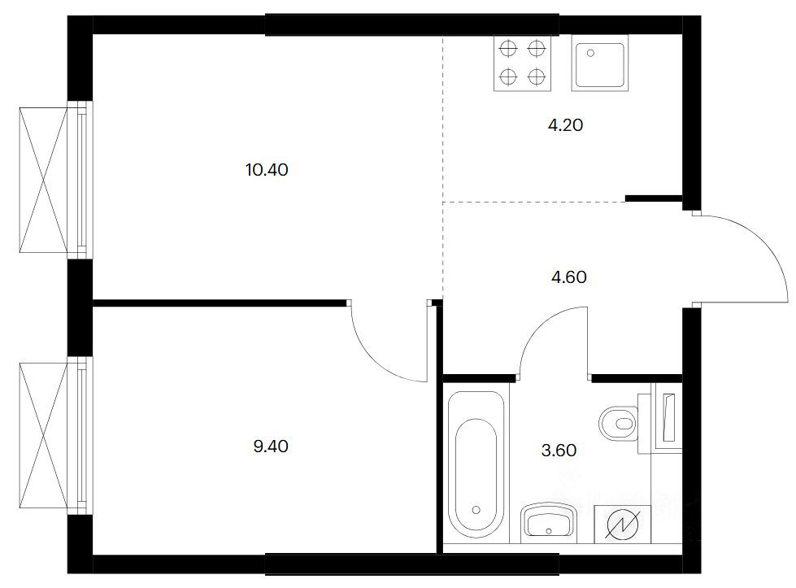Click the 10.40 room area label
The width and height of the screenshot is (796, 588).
(x=267, y=170)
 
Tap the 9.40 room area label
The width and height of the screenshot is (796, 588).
(x=271, y=446)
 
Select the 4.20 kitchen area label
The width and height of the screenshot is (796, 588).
(x=566, y=125)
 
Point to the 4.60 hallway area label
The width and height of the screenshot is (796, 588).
(x=569, y=277)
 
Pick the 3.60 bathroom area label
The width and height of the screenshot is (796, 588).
(x=559, y=451)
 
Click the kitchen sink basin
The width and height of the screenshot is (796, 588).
(x=600, y=63)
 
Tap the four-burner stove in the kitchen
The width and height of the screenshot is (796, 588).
(x=522, y=63)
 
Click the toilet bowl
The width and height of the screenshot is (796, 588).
(x=618, y=422)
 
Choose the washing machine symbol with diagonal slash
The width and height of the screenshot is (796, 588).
(x=623, y=525)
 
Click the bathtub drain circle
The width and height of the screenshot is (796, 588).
(x=476, y=509)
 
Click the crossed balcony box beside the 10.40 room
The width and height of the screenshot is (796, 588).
(x=43, y=180)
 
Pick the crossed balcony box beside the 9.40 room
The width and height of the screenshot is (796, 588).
(x=43, y=434)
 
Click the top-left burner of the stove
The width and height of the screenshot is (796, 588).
(x=508, y=50)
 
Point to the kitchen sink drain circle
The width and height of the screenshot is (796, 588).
(x=591, y=52)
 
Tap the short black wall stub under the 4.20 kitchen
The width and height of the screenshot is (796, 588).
(x=654, y=198)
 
